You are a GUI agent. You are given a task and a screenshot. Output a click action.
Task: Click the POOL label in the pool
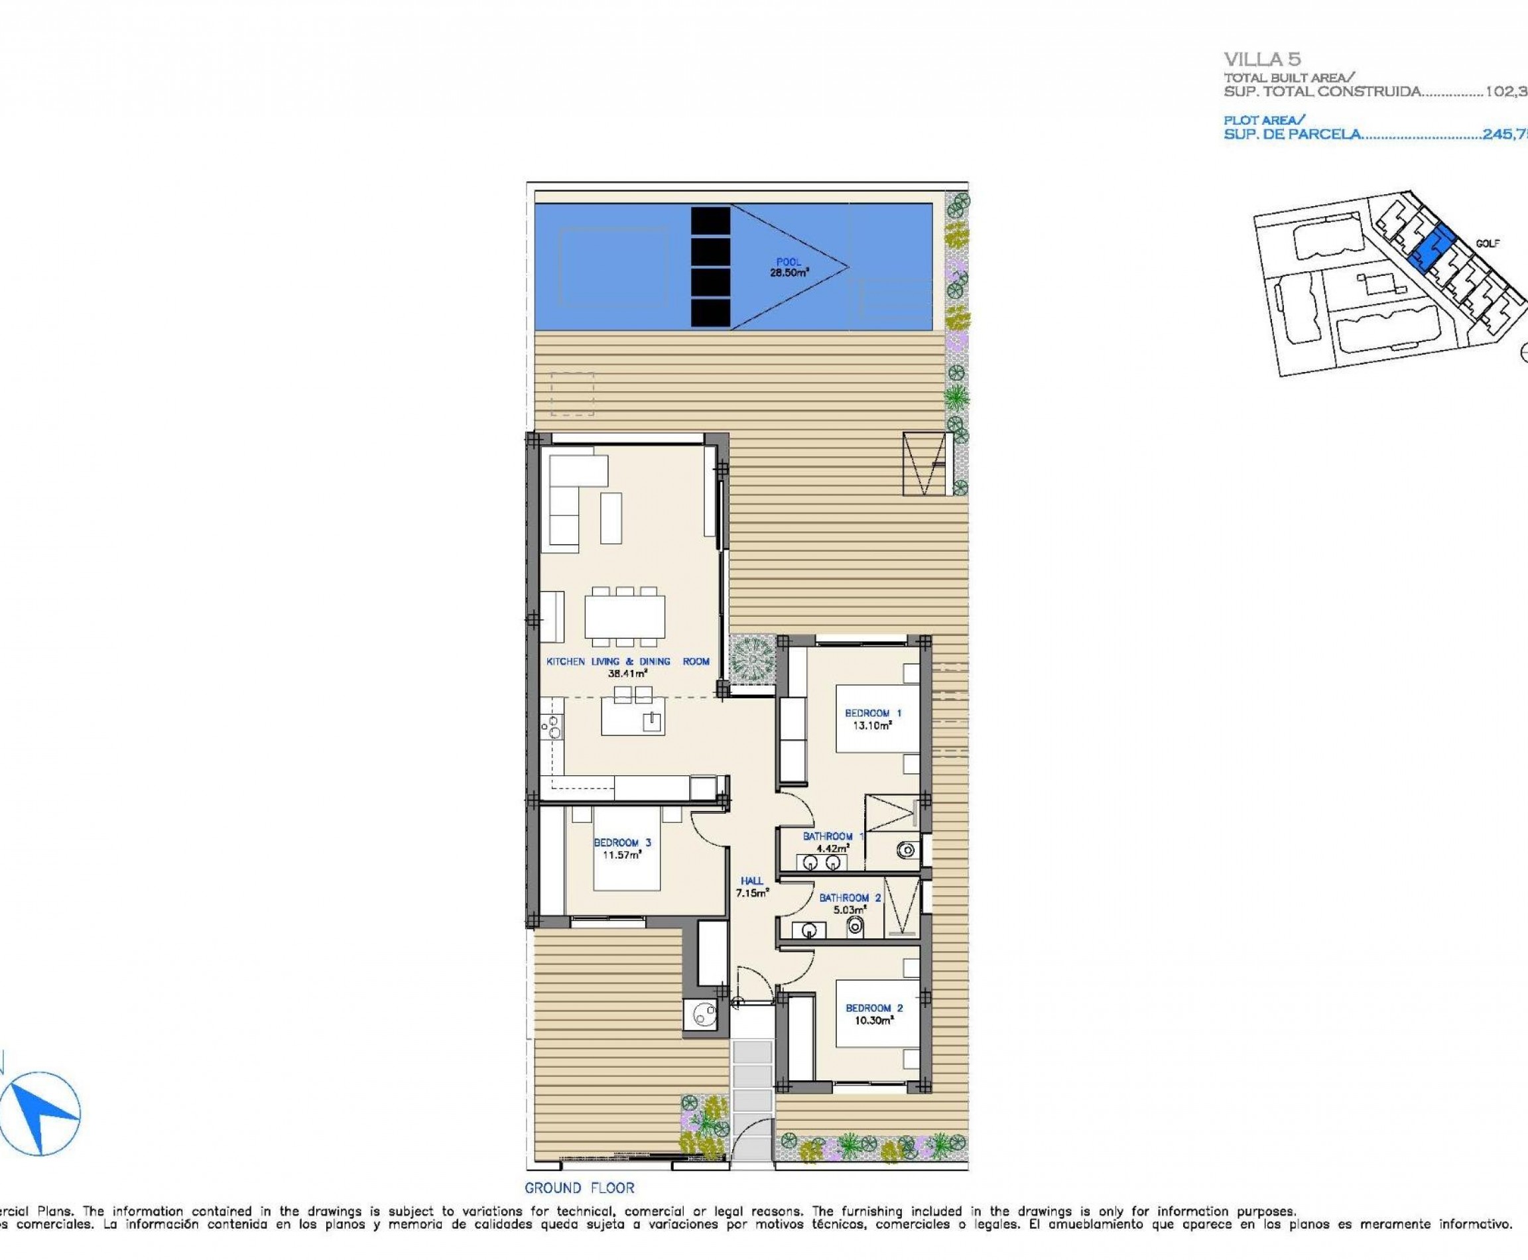789,262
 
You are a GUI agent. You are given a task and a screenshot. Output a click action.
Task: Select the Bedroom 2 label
874,1007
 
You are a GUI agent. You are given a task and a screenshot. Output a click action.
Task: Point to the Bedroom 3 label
622,843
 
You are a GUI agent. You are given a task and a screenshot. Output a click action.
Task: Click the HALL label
751,881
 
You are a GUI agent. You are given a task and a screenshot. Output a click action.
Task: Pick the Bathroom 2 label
850,898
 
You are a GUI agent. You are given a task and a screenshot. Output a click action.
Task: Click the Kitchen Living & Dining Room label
627,661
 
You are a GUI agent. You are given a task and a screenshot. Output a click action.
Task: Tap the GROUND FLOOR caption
579,1188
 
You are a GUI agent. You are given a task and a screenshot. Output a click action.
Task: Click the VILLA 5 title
1261,59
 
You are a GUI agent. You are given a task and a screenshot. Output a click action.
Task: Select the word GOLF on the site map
1488,243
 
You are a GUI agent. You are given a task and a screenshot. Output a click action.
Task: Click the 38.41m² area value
627,673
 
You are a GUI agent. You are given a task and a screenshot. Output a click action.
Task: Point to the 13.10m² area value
873,724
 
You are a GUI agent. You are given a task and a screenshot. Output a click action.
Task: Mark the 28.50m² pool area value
789,274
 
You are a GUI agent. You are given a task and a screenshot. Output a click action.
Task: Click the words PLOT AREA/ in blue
1264,120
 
